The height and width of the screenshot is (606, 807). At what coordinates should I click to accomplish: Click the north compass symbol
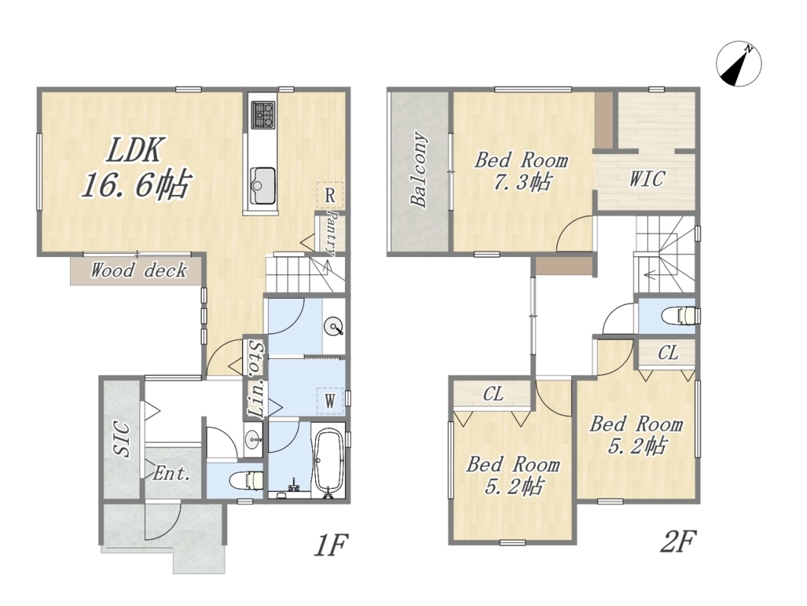coord(739,65)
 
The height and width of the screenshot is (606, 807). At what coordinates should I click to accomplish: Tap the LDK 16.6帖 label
coord(136,168)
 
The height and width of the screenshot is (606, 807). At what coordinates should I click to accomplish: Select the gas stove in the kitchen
coord(263,115)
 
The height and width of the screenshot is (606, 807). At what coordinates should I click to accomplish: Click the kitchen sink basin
coord(263,185)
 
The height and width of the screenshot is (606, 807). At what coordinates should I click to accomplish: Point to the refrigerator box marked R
coord(330,195)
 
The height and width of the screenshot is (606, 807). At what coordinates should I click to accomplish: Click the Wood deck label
coord(139,270)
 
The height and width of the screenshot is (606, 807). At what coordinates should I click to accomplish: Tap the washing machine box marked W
coord(330,400)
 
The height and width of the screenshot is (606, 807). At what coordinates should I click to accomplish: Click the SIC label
coord(123,439)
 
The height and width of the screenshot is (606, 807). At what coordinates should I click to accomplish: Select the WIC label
coord(647,179)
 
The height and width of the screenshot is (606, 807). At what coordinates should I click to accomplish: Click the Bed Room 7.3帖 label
coord(521,171)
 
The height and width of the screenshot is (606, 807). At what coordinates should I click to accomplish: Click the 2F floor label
coord(678,541)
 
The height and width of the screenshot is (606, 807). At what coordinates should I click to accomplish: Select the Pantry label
coord(331,233)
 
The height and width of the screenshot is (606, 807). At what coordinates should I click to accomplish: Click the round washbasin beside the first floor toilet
coord(254,440)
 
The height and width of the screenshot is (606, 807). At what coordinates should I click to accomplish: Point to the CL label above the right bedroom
coord(668,353)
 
